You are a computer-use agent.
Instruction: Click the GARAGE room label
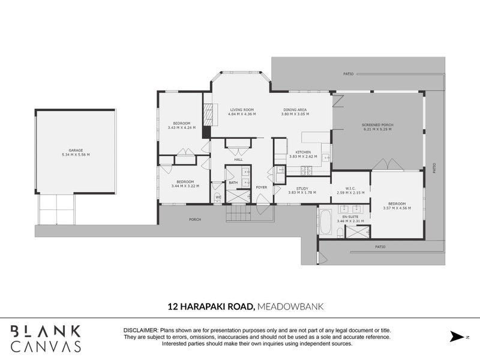(x=75, y=150)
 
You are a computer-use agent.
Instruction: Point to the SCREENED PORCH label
(x=377, y=125)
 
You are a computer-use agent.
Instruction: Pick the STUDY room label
(x=302, y=188)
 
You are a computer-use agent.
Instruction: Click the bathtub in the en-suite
(x=325, y=223)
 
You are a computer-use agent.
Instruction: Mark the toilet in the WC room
(x=218, y=197)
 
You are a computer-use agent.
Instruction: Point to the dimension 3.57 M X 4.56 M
(x=397, y=208)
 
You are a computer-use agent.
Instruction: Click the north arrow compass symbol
(x=458, y=335)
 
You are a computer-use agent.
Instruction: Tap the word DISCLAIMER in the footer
(x=140, y=331)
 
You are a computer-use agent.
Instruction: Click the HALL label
(x=238, y=160)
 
